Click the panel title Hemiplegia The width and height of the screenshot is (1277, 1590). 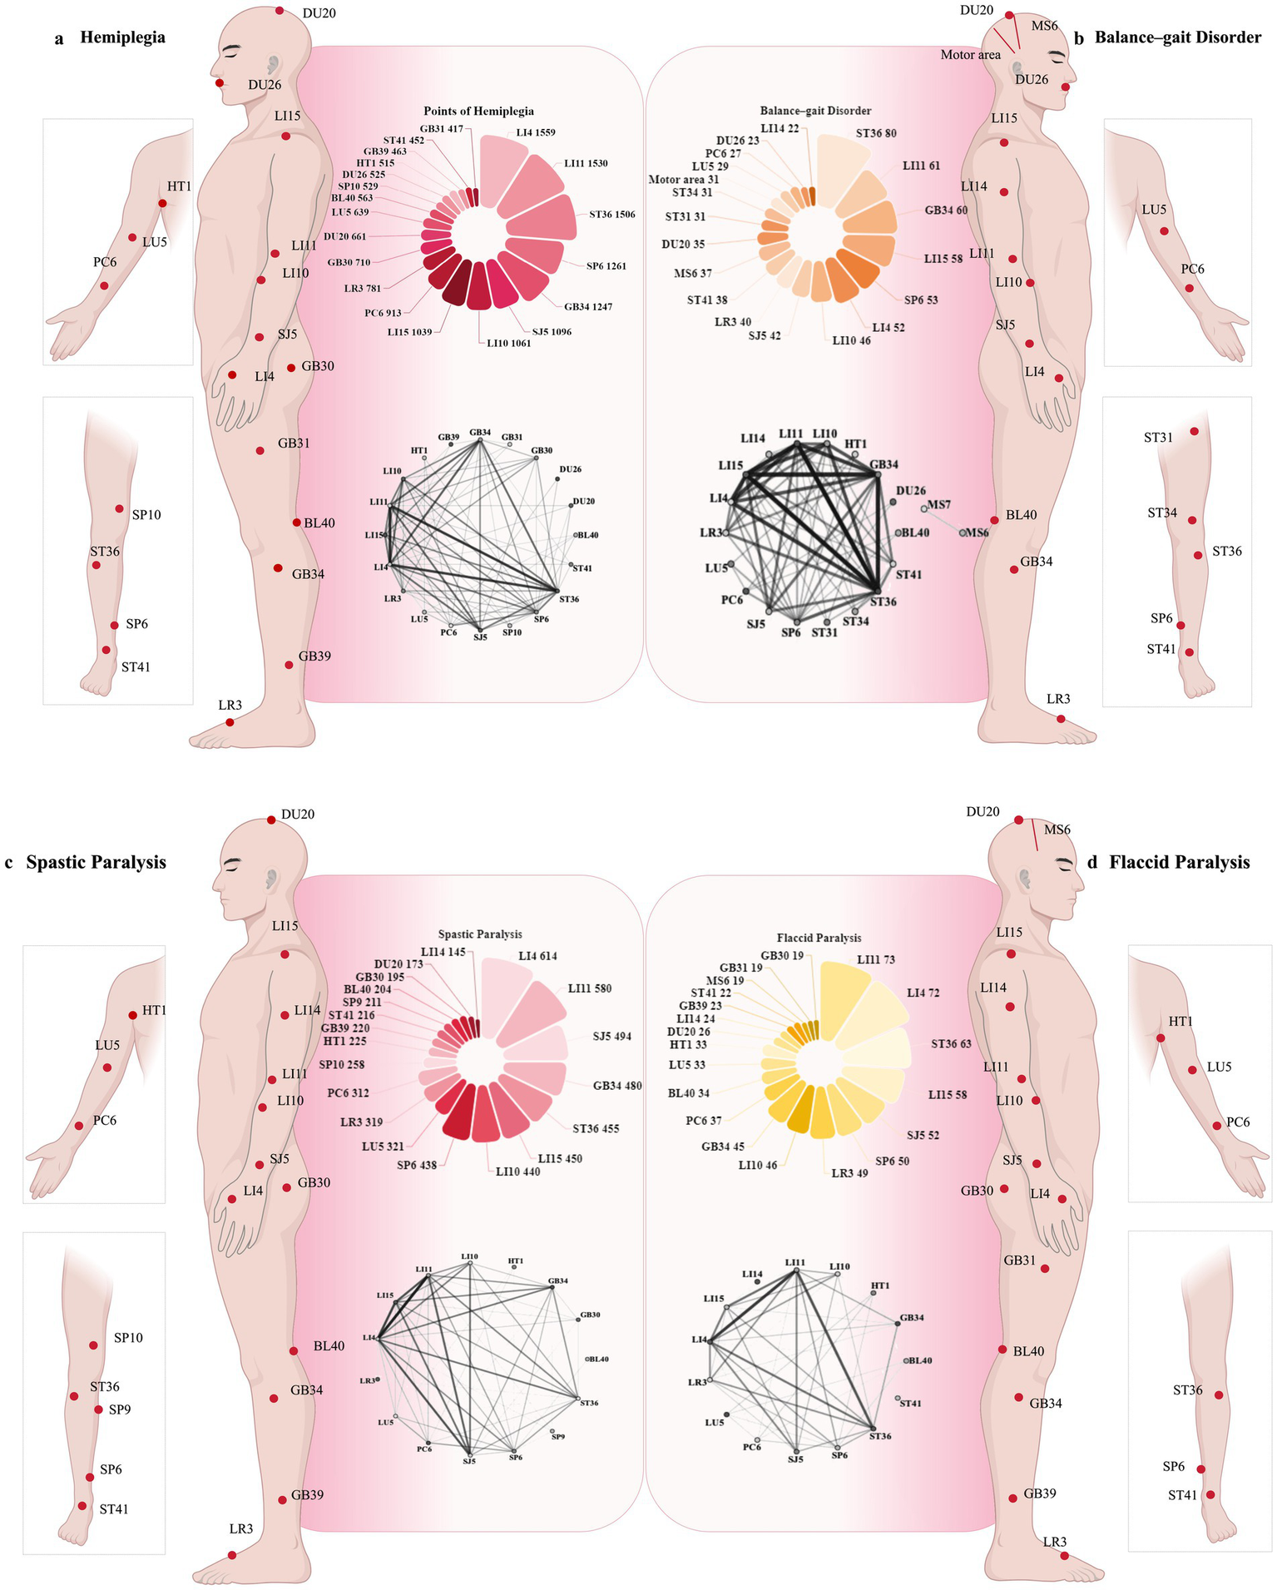(x=122, y=37)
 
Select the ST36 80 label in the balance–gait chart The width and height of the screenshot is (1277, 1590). (x=876, y=133)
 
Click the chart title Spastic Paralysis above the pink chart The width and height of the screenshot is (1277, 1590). (x=480, y=934)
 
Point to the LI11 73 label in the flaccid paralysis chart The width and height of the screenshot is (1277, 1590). (x=875, y=959)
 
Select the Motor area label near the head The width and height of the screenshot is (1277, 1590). (x=970, y=55)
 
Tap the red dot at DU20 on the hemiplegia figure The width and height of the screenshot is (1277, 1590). (x=280, y=11)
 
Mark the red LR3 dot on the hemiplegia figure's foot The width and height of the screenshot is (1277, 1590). (x=230, y=722)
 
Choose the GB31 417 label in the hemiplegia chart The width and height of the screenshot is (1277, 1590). (x=441, y=129)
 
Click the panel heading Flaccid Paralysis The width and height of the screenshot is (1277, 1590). (x=1179, y=863)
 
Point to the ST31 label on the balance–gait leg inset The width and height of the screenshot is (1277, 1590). (x=1158, y=438)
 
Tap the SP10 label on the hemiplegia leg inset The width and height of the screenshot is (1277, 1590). (x=146, y=515)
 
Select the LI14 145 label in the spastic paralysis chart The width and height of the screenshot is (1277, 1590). (x=443, y=952)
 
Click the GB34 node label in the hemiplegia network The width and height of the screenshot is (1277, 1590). (x=480, y=433)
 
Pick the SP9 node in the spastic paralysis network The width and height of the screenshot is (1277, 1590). (x=557, y=1437)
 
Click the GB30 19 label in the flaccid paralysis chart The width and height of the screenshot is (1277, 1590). (x=782, y=956)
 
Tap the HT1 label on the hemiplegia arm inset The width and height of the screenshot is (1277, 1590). (x=179, y=186)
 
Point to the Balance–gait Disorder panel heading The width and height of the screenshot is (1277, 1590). (x=1177, y=37)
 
